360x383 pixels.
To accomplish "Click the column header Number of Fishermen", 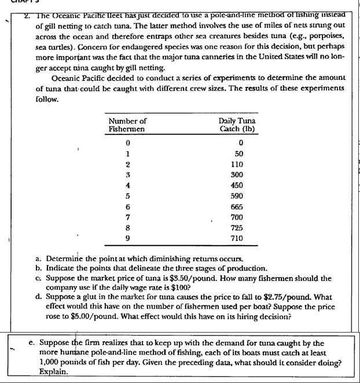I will tap(127, 125).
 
